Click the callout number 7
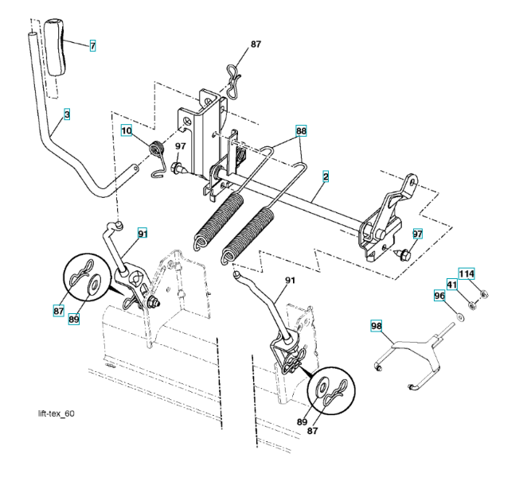click(x=92, y=46)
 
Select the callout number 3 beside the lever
click(x=67, y=115)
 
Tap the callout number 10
click(x=127, y=130)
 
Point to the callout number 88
click(x=301, y=130)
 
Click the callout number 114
click(x=466, y=274)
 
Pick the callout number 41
click(x=451, y=285)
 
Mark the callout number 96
click(x=439, y=296)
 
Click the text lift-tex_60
click(x=57, y=414)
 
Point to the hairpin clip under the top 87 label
click(x=232, y=80)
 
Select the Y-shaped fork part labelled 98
click(x=410, y=354)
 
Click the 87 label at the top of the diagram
click(x=256, y=45)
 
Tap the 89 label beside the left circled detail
click(x=74, y=319)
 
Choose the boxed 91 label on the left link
click(x=143, y=234)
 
